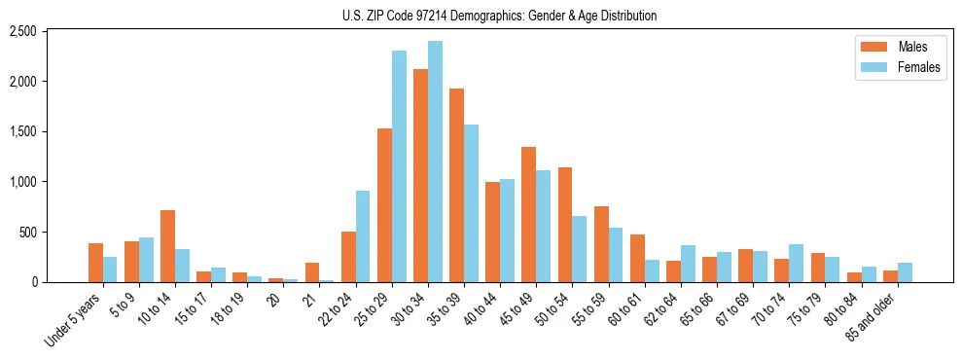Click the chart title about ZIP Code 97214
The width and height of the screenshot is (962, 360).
[499, 16]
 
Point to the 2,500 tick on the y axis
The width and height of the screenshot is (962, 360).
[22, 31]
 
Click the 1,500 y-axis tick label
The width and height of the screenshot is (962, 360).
[22, 131]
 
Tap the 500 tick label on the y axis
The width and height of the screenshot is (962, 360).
[28, 233]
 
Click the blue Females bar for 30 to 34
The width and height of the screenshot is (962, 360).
[435, 162]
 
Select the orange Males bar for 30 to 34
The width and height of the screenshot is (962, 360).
[420, 175]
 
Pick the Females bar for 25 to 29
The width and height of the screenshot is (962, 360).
[399, 166]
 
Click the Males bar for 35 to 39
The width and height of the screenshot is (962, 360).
[456, 185]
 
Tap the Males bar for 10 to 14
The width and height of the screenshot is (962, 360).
[167, 246]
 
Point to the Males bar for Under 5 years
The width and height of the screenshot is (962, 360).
[95, 263]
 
